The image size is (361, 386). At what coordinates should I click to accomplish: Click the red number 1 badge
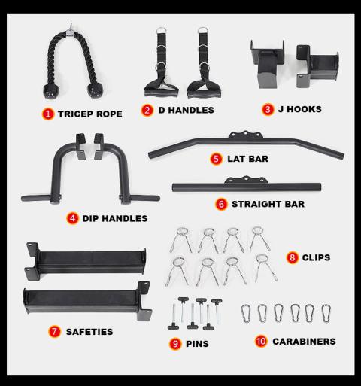coord(48,114)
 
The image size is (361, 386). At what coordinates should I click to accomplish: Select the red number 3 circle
coord(268,109)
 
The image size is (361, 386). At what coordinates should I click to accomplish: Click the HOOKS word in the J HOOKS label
coord(304,109)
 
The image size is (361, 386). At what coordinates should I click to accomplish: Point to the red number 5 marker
coord(216,159)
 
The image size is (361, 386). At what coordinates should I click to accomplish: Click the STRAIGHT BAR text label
coord(268,204)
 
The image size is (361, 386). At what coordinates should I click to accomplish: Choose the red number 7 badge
coord(54,332)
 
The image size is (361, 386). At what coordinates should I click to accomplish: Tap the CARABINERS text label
coord(304,342)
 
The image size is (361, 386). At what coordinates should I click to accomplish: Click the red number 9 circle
coord(175,344)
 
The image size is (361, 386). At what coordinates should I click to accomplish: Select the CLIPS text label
coord(316,257)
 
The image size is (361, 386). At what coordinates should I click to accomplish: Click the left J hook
coord(267,65)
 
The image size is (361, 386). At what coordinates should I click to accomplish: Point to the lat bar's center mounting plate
coord(246,135)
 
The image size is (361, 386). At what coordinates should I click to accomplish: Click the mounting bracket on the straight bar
coord(246,180)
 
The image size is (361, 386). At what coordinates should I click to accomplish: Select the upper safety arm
coord(85,261)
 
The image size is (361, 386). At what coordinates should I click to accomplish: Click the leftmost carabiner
coord(245,314)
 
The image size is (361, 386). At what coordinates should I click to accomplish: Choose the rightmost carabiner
coord(326,314)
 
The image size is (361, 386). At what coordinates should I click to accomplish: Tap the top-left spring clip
coord(181,240)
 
